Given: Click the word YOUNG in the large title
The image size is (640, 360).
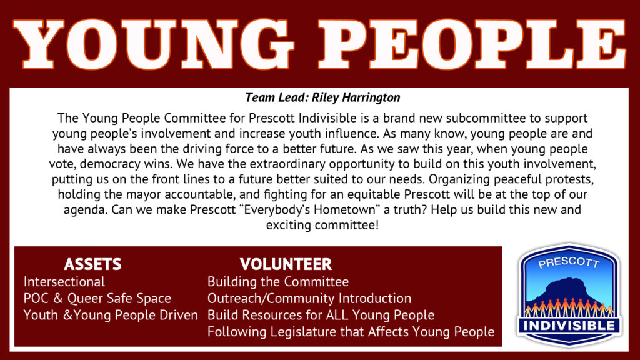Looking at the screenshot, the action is click(154, 44).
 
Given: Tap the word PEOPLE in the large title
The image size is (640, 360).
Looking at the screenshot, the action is click(472, 44).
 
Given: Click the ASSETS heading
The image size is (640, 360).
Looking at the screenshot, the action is click(92, 264).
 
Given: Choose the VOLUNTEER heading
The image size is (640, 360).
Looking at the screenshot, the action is click(286, 264).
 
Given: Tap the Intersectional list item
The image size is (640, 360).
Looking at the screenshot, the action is click(64, 282).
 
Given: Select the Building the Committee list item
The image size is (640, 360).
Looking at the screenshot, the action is click(278, 282).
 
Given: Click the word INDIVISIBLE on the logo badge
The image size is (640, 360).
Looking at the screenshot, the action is click(569, 326).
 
